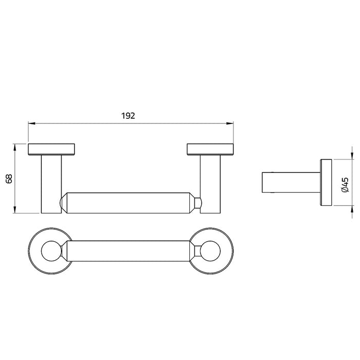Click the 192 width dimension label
coord(128,116)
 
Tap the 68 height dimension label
coord(9,179)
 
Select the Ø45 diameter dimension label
coord(345,185)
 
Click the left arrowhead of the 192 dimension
coord(32,123)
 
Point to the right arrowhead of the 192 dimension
coord(230,123)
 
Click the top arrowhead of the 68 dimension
coord(15,148)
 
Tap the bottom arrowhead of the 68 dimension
coord(15,210)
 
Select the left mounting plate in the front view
coord(51,150)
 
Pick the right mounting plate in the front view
coord(210,150)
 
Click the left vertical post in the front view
coord(51,184)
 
